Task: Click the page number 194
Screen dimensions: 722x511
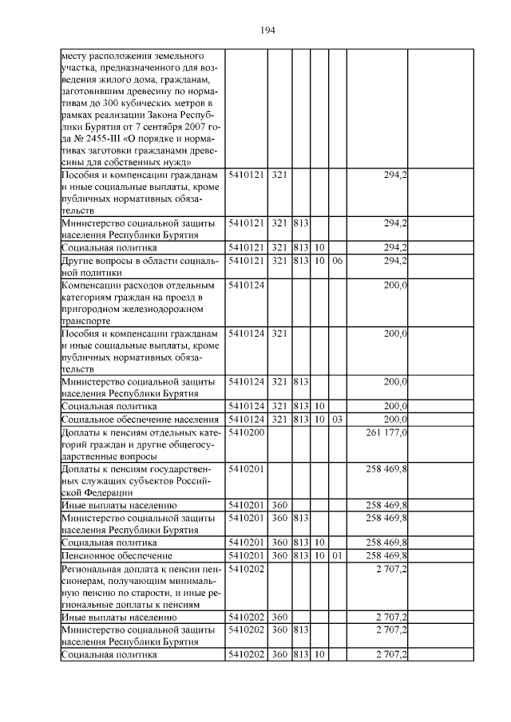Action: (x=267, y=30)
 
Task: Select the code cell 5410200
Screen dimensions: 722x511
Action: (x=246, y=432)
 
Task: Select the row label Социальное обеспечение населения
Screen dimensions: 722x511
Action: (x=140, y=419)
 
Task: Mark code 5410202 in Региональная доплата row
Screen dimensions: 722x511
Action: (x=246, y=569)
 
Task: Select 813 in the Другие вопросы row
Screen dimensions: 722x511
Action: (x=301, y=260)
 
